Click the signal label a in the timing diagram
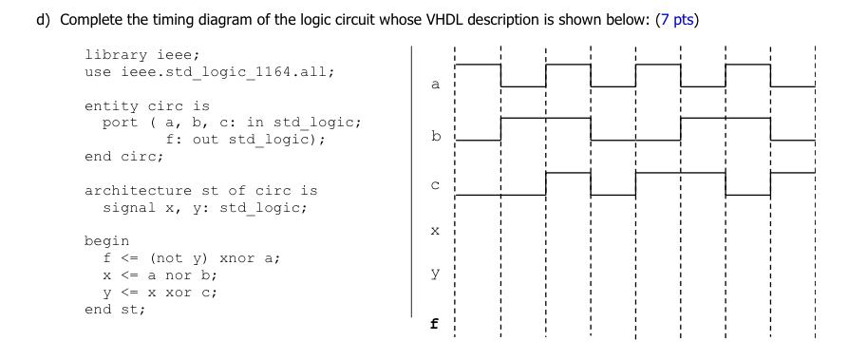(x=436, y=85)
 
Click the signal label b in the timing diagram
(x=436, y=137)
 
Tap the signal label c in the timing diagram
(x=436, y=185)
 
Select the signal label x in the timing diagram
(x=436, y=231)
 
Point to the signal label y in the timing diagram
(x=436, y=275)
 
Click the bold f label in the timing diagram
(x=435, y=323)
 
